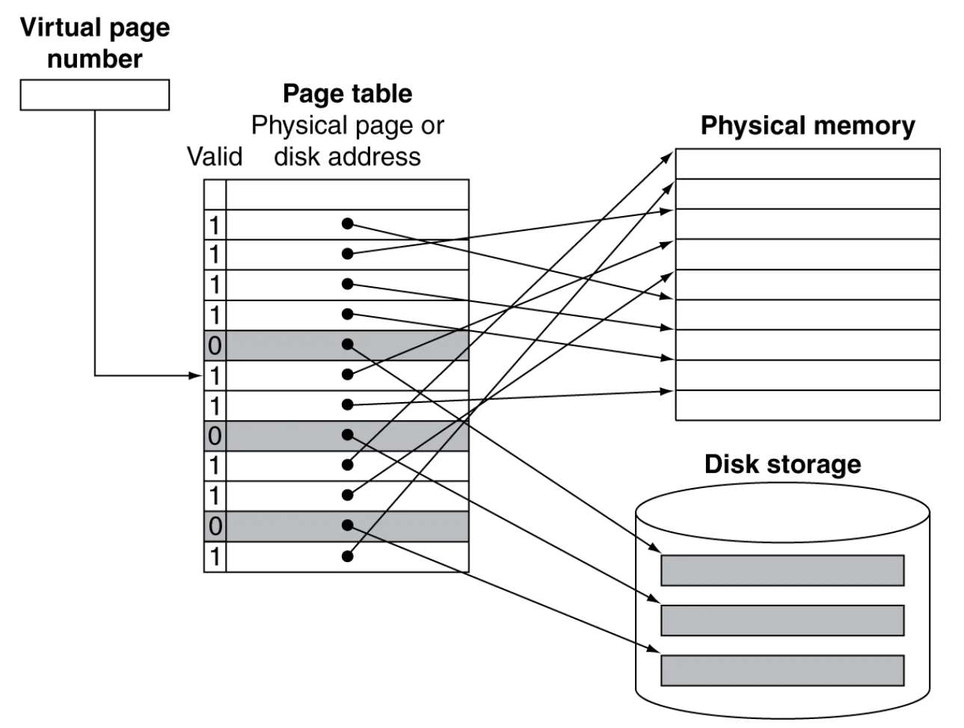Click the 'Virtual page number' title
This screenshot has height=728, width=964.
pos(95,43)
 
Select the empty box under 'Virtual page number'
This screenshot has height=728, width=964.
pos(95,95)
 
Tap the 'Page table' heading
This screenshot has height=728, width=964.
pos(348,93)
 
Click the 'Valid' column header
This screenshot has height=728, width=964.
pos(215,157)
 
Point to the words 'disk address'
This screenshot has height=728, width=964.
pos(348,157)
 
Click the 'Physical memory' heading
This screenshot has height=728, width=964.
pos(808,126)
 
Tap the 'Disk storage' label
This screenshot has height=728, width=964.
pos(782,464)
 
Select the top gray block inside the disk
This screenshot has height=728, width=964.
pos(782,570)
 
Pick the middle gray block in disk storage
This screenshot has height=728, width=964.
pos(782,620)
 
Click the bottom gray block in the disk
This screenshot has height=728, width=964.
pos(782,670)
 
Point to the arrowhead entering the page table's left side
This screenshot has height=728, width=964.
pos(195,376)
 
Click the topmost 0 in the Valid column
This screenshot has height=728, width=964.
pos(215,346)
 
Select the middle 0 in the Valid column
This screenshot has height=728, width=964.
pos(215,437)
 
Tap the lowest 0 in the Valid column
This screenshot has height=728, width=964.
pos(215,527)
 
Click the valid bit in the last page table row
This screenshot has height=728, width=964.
pos(215,557)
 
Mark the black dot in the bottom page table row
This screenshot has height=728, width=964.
pos(348,556)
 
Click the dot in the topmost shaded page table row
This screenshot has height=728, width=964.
pos(348,345)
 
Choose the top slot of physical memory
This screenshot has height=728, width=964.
pos(808,164)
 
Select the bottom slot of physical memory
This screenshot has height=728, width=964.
pos(808,405)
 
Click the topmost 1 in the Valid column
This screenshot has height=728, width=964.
pos(215,226)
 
